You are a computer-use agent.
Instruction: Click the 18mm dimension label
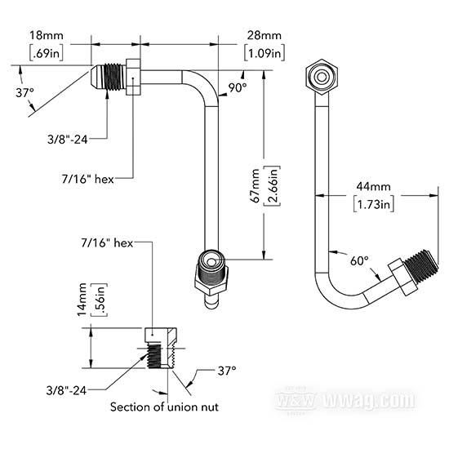[47, 35]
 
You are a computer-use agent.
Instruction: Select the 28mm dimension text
[265, 35]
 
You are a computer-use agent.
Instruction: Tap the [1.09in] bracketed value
[265, 53]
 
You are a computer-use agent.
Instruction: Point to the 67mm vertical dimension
[255, 186]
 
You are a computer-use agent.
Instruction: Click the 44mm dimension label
[373, 187]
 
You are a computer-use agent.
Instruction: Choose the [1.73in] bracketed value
[373, 204]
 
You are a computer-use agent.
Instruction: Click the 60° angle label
[359, 260]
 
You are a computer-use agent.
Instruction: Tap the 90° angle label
[238, 88]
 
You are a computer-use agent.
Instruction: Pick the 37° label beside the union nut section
[227, 371]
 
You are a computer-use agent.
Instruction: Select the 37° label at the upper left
[24, 93]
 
